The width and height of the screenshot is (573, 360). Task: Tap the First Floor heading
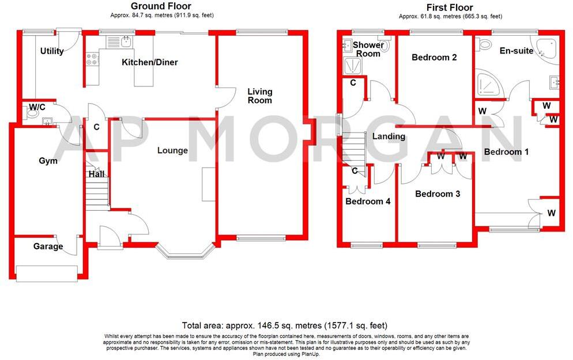(x=450, y=7)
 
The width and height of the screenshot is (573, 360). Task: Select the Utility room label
(x=52, y=51)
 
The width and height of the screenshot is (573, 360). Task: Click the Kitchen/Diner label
(x=150, y=62)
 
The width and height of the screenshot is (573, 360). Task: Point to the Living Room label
(x=260, y=96)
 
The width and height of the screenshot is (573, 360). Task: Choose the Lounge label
(x=173, y=150)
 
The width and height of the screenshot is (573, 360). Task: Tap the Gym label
(x=48, y=161)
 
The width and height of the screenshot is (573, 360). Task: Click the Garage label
(x=48, y=246)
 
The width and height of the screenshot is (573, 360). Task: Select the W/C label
(x=37, y=107)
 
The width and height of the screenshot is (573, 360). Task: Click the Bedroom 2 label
(x=434, y=58)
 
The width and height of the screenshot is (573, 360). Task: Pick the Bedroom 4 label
(x=368, y=202)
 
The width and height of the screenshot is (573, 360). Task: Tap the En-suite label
(x=516, y=51)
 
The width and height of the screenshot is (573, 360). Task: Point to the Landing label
(x=389, y=137)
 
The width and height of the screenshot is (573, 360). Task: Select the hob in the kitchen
(x=92, y=58)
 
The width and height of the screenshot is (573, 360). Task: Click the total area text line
(x=285, y=325)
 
